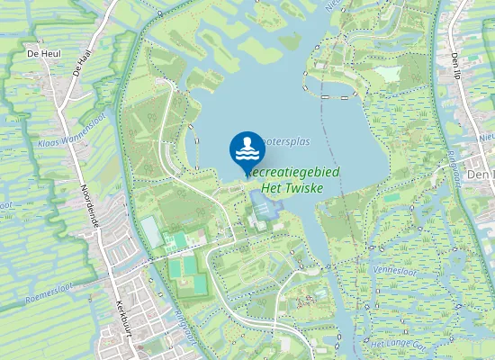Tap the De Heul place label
point(43,54)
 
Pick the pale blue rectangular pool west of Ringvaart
point(152,232)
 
